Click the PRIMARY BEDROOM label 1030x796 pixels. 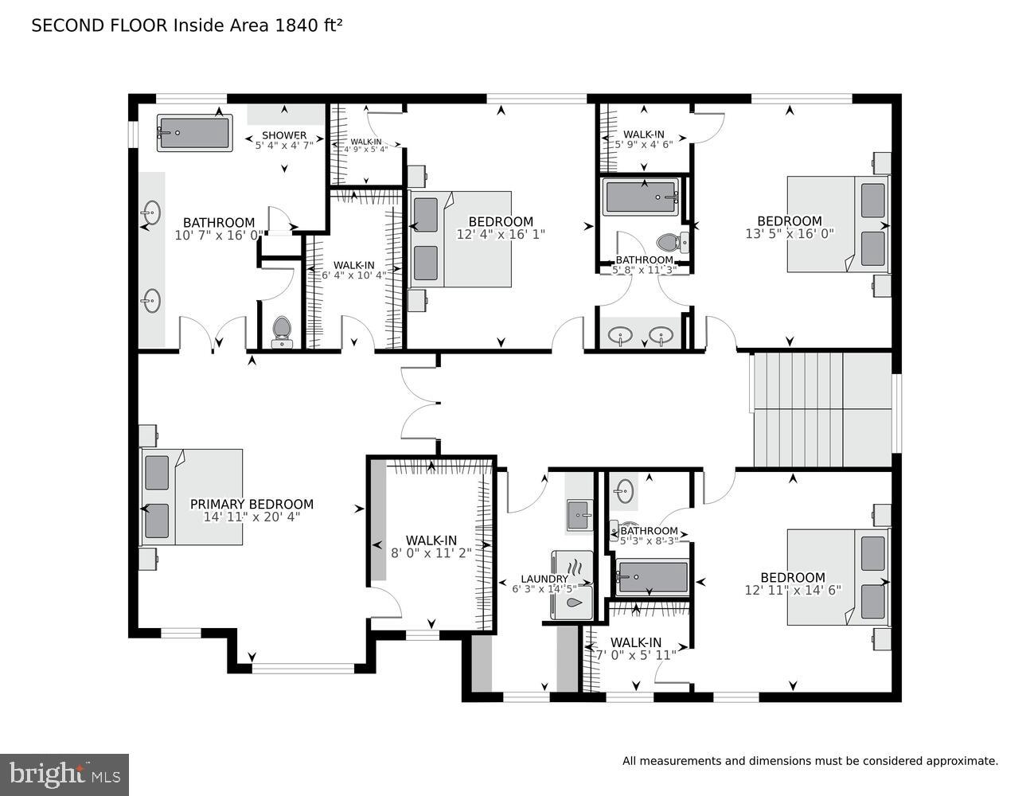(252, 504)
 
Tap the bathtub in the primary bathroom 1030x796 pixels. (194, 133)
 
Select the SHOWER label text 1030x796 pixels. (284, 135)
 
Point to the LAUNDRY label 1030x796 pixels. (544, 579)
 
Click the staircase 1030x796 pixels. (821, 409)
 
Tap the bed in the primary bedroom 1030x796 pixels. (192, 497)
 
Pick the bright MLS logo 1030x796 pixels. (64, 775)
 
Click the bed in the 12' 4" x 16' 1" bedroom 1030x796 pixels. (461, 239)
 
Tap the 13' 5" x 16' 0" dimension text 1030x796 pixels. (790, 234)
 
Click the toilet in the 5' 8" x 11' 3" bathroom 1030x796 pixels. (668, 241)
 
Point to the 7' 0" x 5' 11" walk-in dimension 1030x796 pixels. (636, 655)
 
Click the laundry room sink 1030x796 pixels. (579, 516)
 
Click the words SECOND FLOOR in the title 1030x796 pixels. (99, 25)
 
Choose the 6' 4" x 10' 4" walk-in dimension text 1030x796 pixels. (353, 275)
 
